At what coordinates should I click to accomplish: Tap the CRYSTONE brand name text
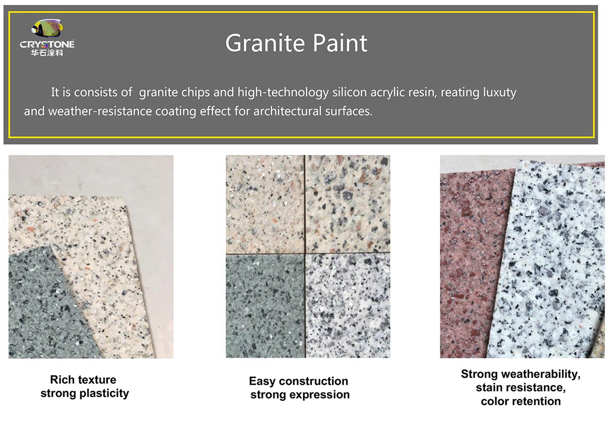coord(47,44)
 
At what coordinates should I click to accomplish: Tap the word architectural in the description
coord(285,111)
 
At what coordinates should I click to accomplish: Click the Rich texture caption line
coord(83,380)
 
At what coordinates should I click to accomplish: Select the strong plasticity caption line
coord(84,393)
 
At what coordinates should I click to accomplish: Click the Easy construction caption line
coord(298,381)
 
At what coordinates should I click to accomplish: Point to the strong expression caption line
coord(300,395)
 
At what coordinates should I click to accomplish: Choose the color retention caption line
coord(521,401)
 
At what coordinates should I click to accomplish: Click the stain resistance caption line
coord(521,388)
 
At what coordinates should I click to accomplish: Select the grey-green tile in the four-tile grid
coord(265,305)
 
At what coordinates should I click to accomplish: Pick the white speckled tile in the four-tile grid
coord(348,305)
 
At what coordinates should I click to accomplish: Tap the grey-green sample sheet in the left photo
coord(46,311)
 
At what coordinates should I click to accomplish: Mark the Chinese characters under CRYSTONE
coord(47,53)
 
